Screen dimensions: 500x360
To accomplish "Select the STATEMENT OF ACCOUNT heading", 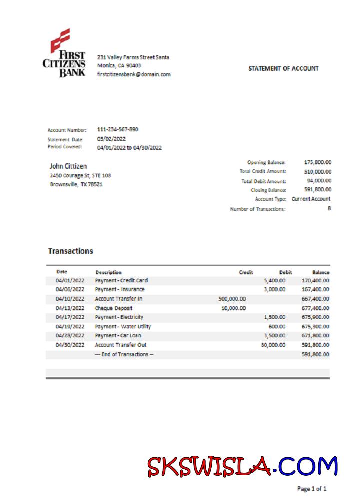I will [x=283, y=69].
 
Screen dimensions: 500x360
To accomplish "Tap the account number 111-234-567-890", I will [x=118, y=130].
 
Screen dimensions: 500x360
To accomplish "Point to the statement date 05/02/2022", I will [x=111, y=139].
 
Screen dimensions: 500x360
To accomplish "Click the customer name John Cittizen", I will [x=68, y=166].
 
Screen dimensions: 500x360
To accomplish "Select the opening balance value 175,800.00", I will [x=318, y=162].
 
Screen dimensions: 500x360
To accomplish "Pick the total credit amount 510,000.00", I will [x=318, y=171].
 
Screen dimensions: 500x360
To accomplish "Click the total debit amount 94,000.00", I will [x=319, y=181].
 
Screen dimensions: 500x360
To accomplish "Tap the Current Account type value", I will [x=311, y=199].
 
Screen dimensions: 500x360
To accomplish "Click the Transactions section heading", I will [x=70, y=251].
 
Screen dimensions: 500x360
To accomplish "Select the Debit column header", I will [x=285, y=272].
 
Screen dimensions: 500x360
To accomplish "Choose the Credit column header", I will [x=246, y=272].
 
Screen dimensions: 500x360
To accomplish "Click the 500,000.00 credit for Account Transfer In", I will [x=232, y=299].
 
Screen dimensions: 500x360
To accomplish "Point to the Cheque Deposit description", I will [x=114, y=308].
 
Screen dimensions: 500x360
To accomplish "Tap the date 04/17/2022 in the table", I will [x=70, y=317].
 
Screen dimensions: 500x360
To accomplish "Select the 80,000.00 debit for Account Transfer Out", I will [x=273, y=345].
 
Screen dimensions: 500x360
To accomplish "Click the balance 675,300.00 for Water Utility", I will [x=314, y=327].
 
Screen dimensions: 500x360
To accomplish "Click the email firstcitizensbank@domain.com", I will [x=134, y=74].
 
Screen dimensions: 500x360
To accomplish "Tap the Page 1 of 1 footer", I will [x=312, y=488].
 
